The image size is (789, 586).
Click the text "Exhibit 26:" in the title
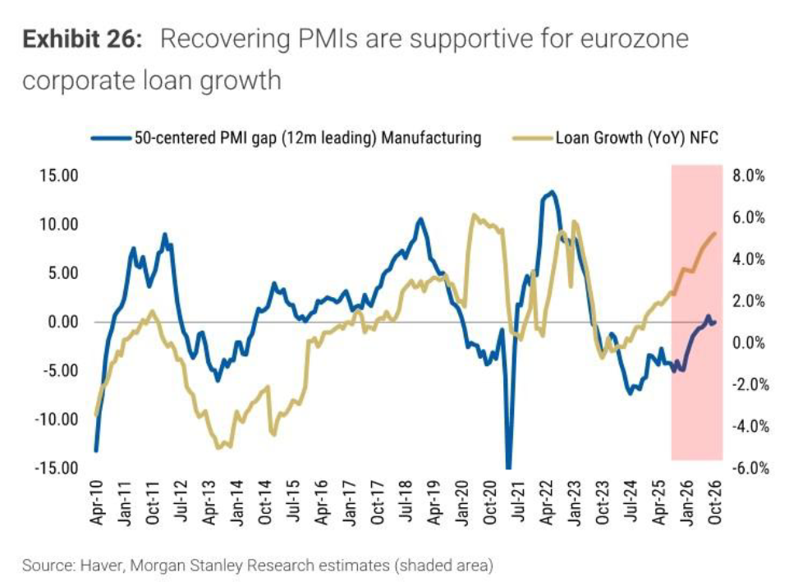click(x=83, y=39)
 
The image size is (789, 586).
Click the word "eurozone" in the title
click(x=634, y=39)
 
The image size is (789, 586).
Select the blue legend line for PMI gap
click(x=111, y=139)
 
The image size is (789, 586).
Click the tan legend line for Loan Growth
click(x=532, y=139)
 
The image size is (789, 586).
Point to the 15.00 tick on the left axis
click(x=59, y=176)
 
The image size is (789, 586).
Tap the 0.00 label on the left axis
click(x=63, y=322)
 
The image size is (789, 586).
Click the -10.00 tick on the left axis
click(x=57, y=419)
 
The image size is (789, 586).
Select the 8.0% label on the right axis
click(x=749, y=176)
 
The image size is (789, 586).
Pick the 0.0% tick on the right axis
click(x=749, y=343)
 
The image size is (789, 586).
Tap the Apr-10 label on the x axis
click(x=97, y=502)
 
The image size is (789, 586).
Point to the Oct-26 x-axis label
click(x=714, y=502)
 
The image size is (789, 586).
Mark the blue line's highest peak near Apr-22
click(x=553, y=192)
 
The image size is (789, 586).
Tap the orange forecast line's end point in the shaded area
click(x=715, y=233)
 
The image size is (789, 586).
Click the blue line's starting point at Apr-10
click(x=95, y=451)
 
